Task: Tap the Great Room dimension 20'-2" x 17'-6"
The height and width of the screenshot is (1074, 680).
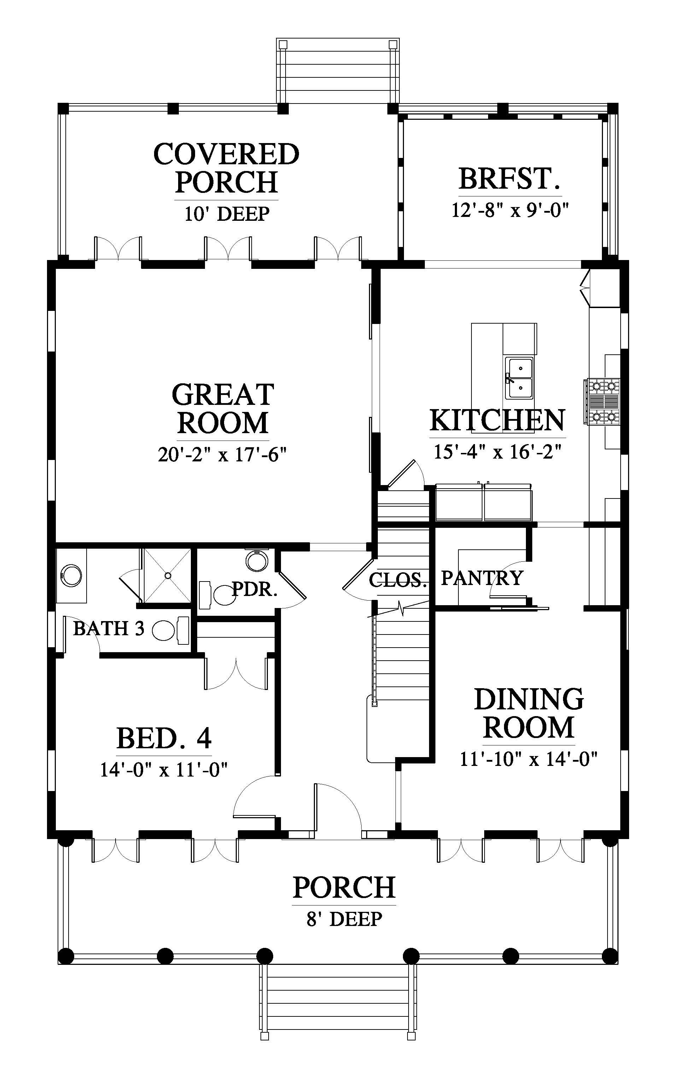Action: click(222, 455)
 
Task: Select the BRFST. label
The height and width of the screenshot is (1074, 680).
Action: click(510, 178)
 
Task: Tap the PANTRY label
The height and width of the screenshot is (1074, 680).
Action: click(482, 578)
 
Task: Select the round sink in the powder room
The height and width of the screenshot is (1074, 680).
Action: click(257, 561)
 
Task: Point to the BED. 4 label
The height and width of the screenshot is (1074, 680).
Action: click(164, 738)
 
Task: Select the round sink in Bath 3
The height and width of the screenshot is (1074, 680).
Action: click(71, 576)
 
